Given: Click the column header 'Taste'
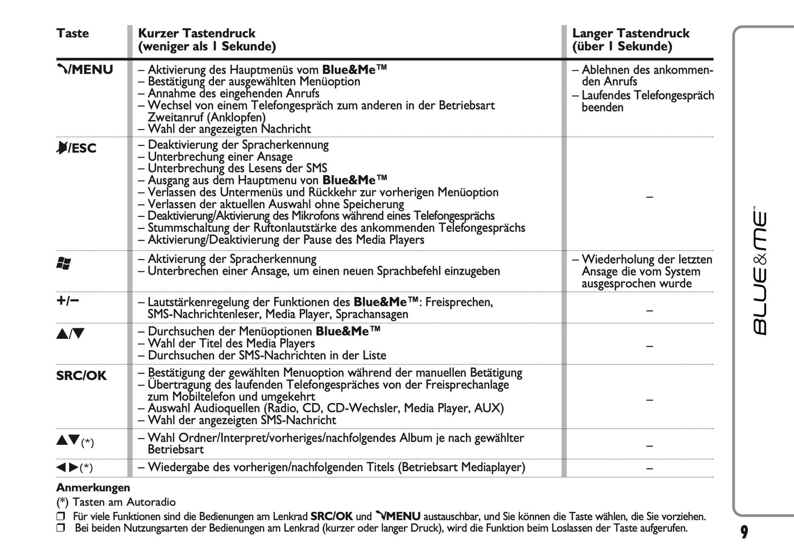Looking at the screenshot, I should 73,33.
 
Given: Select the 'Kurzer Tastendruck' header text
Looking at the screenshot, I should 197,33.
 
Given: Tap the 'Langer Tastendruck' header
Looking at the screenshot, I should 630,33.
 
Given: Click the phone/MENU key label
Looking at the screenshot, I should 85,70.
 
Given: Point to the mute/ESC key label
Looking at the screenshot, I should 76,148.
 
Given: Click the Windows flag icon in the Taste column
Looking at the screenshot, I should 64,264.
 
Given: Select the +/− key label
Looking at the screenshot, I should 68,300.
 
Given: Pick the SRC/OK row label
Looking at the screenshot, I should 81,376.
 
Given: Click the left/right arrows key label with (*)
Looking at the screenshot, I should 74,468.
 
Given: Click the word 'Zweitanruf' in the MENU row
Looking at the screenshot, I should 175,117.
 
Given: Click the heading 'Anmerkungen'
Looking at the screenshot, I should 93,488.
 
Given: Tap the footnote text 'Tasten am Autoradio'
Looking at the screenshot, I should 124,502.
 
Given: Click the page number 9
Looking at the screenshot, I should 744,532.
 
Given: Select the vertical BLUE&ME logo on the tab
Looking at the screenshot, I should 760,272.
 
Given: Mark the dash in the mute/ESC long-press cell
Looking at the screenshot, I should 649,197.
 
